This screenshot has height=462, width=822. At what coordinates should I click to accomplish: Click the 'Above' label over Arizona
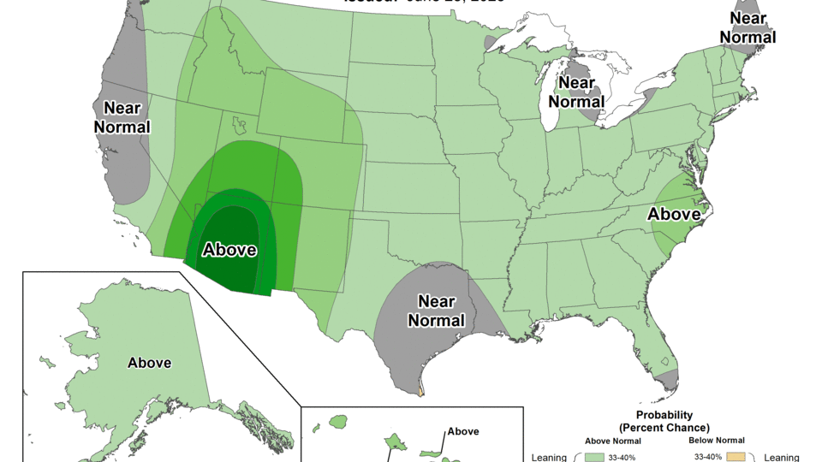tap(229, 250)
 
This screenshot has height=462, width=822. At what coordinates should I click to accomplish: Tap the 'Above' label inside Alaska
tap(149, 362)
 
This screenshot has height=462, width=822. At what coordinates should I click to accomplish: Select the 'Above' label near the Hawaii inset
tap(463, 431)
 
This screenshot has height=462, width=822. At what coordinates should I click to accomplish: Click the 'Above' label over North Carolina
tap(675, 214)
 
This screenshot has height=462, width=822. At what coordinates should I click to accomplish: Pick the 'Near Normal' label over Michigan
tap(577, 92)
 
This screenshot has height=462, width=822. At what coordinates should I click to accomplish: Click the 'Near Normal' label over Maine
tap(748, 27)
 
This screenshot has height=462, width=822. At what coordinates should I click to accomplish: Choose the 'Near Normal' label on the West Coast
tap(126, 117)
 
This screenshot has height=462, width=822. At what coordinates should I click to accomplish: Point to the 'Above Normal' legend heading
tap(614, 441)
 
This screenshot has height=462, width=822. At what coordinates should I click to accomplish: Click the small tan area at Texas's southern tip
tap(421, 394)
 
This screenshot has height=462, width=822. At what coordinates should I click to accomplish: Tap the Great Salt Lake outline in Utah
tap(238, 127)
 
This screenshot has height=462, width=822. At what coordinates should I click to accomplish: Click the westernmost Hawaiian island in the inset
tap(338, 422)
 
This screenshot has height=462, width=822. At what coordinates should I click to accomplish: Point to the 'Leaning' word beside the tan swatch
tap(780, 457)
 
